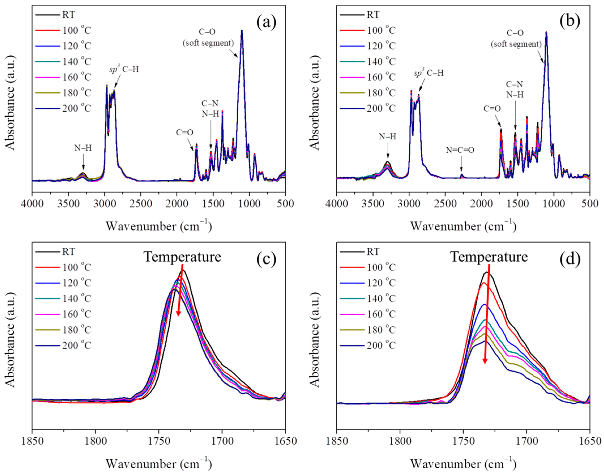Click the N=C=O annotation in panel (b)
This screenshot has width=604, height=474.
point(460,150)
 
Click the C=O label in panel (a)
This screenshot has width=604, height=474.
point(185,132)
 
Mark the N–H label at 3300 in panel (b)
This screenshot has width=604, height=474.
point(388,137)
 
